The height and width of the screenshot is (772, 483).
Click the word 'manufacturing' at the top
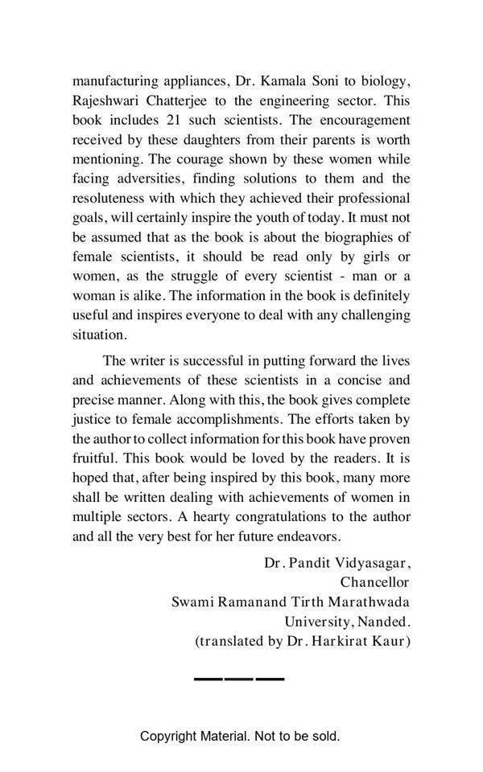[x=113, y=80]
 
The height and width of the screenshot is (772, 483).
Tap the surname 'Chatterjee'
[x=177, y=101]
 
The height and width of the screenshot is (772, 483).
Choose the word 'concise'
[x=343, y=380]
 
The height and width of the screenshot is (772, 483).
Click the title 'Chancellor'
[x=374, y=582]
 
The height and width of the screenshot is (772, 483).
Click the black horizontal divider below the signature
[x=239, y=680]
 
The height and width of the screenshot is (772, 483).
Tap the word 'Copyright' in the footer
[x=169, y=736]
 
